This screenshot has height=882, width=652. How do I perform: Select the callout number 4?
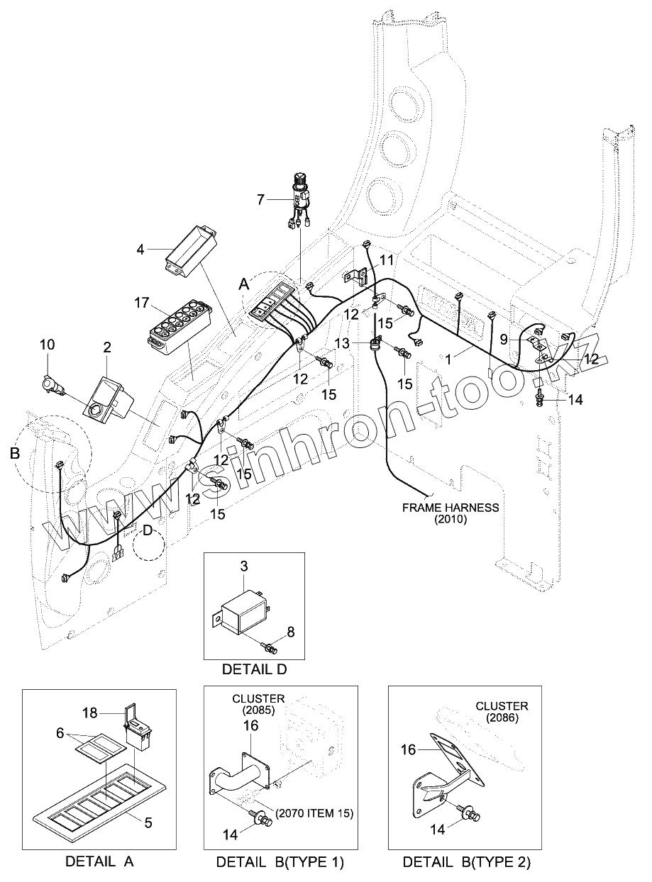140,250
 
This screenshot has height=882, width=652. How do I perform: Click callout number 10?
47,345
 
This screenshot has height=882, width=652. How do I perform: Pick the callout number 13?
343,343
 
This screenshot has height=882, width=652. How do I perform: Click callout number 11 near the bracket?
386,260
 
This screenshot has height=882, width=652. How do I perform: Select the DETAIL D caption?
254,668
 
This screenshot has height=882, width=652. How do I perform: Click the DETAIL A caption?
99,861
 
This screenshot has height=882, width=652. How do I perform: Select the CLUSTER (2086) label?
502,712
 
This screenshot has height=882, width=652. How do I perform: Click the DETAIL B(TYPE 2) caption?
466,862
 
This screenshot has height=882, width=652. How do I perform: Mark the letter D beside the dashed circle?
147,530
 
